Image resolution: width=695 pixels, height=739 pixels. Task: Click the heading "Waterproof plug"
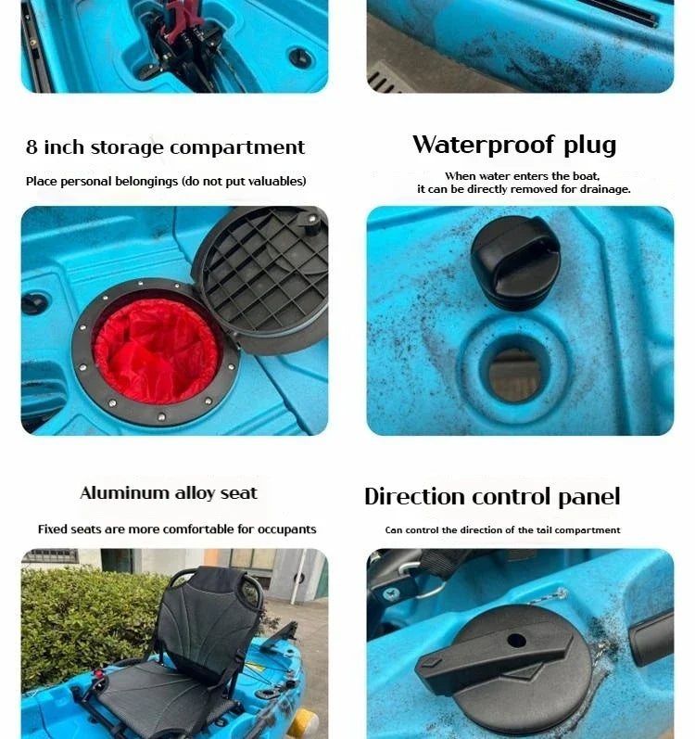514,146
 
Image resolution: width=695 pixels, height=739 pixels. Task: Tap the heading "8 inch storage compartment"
165,147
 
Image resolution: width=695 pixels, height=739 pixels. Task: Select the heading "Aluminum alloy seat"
168,493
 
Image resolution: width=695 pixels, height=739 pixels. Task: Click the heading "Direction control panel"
491,496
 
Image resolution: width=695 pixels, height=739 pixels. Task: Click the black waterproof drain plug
515,261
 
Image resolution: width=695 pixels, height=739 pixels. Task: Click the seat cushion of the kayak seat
153,691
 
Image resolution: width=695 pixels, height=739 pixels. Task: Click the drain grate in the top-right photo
382,79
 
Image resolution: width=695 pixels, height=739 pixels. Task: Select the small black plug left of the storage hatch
35,303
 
